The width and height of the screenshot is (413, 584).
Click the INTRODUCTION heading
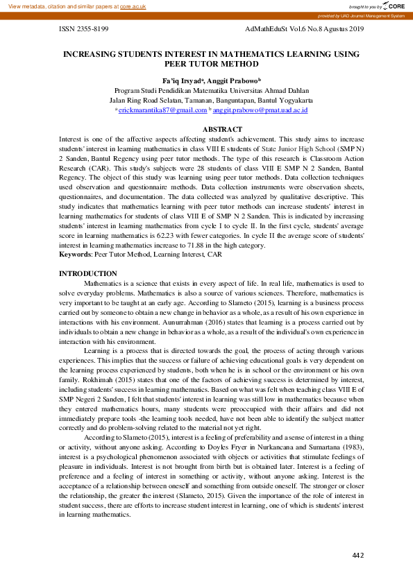coord(88,274)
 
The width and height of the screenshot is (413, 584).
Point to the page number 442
coord(358,555)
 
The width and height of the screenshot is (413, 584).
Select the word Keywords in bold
coord(76,255)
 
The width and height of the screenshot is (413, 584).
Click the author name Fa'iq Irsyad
coord(183,80)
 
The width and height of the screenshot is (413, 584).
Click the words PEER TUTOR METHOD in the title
coord(212,62)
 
